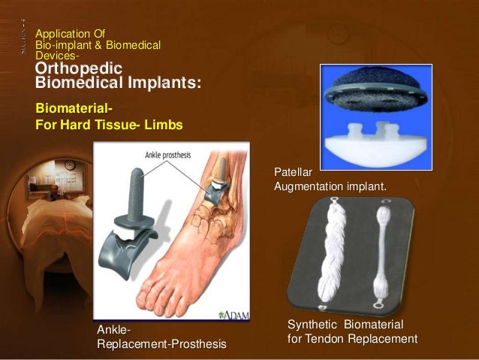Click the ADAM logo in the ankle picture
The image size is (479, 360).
(x=235, y=313)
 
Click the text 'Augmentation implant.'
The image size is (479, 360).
(x=330, y=185)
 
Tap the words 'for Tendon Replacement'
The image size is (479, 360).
(x=352, y=339)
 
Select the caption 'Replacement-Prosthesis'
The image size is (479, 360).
(x=161, y=343)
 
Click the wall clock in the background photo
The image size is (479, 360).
(x=68, y=165)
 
